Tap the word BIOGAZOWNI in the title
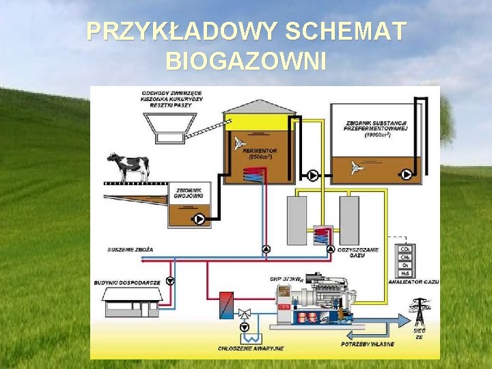246,61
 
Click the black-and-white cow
128,166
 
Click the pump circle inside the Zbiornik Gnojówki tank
200,219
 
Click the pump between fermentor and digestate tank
312,176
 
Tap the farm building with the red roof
132,303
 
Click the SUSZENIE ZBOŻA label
130,249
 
